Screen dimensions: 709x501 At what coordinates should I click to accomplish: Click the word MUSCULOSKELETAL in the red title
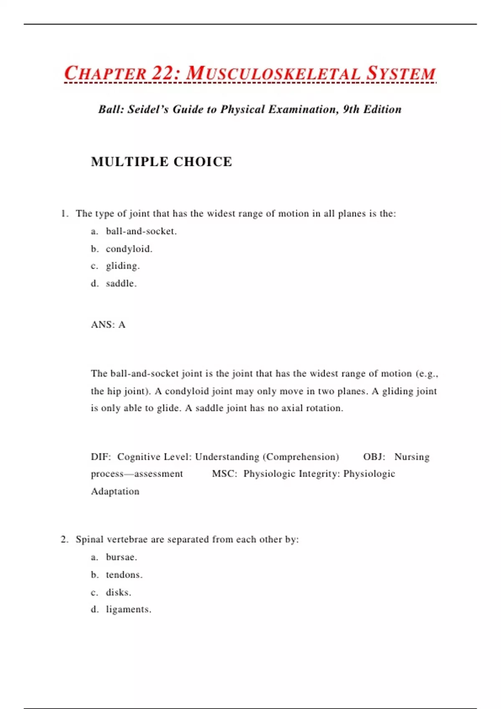coord(273,73)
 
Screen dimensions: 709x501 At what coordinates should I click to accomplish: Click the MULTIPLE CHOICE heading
coord(161,162)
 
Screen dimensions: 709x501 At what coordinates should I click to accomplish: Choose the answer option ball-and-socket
coord(141,231)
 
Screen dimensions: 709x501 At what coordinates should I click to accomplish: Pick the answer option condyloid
coord(129,249)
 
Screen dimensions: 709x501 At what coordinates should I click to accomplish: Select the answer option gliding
coord(123,266)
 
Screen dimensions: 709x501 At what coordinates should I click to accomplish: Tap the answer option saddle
coord(121,284)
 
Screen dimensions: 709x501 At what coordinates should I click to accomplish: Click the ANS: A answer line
coord(108,324)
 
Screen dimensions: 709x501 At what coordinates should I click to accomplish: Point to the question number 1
coord(64,214)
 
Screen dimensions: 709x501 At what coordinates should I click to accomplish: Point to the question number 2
coord(64,539)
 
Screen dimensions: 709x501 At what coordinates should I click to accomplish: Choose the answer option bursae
coord(121,557)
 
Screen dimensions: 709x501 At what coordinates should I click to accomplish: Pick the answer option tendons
coord(124,575)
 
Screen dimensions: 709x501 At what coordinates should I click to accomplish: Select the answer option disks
coord(118,592)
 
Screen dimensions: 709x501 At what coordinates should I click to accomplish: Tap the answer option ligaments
coord(128,609)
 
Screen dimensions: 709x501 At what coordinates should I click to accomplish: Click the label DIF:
coord(101,457)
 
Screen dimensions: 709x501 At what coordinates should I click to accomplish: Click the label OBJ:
coord(374,457)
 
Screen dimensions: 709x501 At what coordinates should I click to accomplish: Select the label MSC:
coord(225,474)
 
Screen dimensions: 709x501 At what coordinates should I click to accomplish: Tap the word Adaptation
coord(115,491)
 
